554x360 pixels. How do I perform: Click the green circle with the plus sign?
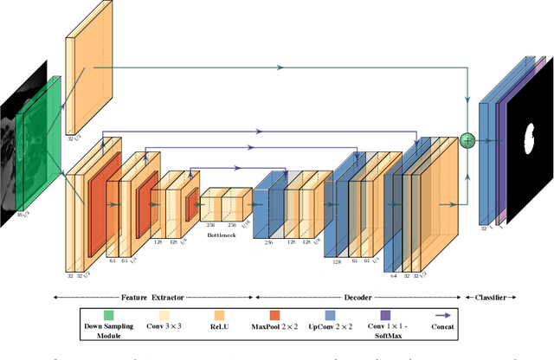pos(468,139)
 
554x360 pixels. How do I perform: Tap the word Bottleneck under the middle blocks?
pos(222,235)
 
